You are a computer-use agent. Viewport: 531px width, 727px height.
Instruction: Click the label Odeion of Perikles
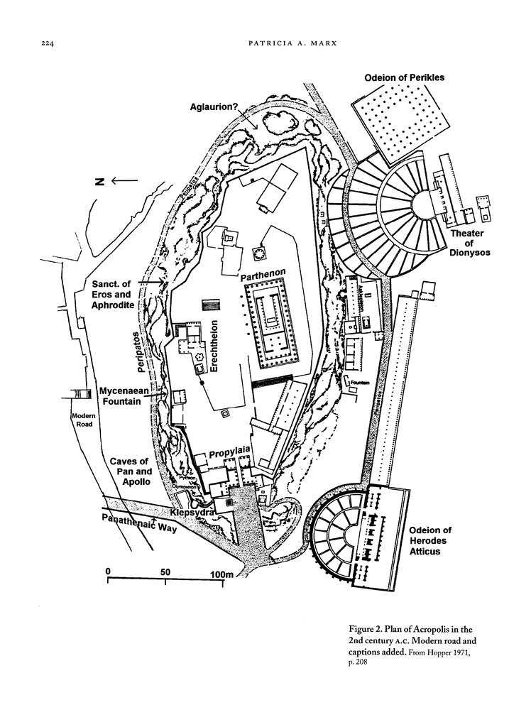click(x=405, y=77)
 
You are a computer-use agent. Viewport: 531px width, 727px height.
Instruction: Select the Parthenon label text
click(x=262, y=273)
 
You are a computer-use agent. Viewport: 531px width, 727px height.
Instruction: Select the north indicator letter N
click(x=99, y=182)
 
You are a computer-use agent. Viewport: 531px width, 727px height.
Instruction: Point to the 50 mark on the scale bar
click(x=165, y=572)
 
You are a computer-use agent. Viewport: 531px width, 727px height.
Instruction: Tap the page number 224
click(x=49, y=44)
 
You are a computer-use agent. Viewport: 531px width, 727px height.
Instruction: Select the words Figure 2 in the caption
click(x=366, y=629)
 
